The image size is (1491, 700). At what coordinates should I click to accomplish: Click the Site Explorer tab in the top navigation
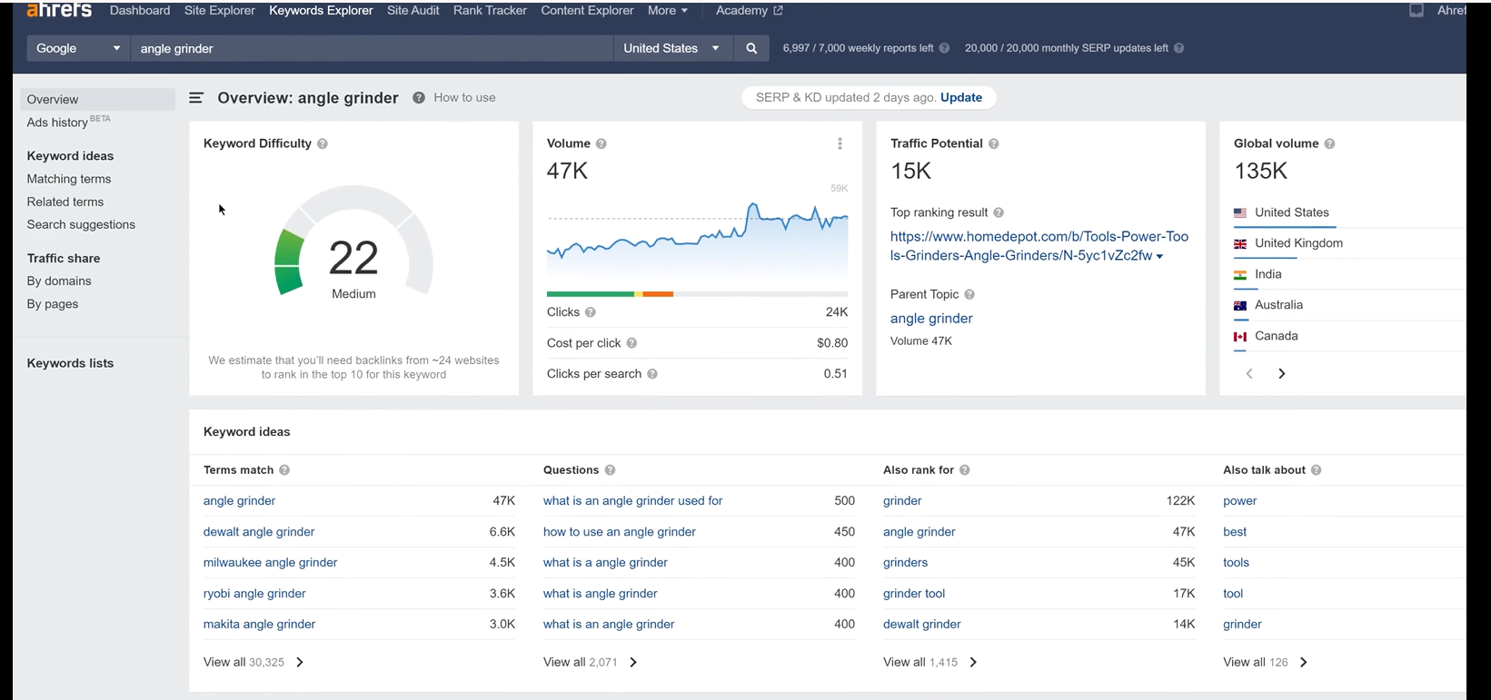click(x=219, y=11)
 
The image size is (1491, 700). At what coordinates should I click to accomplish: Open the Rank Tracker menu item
click(x=490, y=11)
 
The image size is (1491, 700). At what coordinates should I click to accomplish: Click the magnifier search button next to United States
click(x=751, y=49)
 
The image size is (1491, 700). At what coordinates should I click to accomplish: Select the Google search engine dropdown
click(x=78, y=49)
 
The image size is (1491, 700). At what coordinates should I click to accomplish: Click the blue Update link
click(x=960, y=98)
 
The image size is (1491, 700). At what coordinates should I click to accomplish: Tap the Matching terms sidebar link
click(x=69, y=180)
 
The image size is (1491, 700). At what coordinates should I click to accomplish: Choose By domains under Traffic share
click(x=59, y=281)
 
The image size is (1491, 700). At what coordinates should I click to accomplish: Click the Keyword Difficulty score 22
click(x=353, y=258)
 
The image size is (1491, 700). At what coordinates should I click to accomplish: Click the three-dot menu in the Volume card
click(x=840, y=144)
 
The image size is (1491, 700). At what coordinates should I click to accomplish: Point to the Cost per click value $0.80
click(x=831, y=343)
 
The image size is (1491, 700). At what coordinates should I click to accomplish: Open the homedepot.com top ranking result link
click(x=1039, y=246)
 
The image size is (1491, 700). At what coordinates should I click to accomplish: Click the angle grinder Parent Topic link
click(x=931, y=319)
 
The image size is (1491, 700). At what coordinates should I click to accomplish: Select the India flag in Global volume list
click(x=1239, y=275)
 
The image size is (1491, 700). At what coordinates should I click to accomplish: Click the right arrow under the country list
click(x=1281, y=374)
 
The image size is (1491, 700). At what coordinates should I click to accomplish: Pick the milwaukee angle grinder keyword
click(x=270, y=563)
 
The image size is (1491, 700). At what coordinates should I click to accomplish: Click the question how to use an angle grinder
click(x=619, y=532)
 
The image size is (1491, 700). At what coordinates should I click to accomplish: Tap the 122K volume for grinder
click(x=1180, y=501)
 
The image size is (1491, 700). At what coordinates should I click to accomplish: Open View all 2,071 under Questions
click(x=590, y=663)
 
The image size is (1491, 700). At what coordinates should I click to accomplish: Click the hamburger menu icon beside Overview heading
click(x=196, y=98)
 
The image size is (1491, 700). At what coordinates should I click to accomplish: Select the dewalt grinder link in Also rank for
click(x=921, y=625)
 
